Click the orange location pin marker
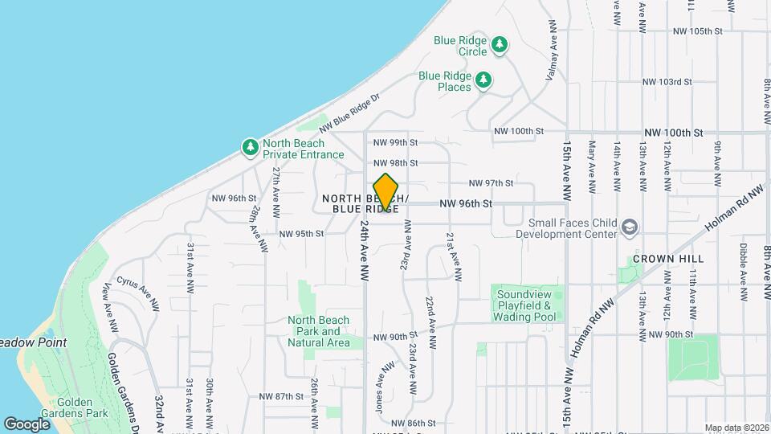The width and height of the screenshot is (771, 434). pos(386,191)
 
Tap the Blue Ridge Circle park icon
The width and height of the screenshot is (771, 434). pos(500,43)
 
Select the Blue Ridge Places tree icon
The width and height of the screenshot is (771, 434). pos(483,79)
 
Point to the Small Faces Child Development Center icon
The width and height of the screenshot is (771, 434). pos(630,227)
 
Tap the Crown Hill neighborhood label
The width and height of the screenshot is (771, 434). pos(668,259)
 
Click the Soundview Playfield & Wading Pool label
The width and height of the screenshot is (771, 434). pos(526,305)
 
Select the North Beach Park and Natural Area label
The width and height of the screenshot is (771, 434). pos(319,331)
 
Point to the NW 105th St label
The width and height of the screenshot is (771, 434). pos(699,31)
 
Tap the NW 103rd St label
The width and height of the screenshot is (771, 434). pos(667,82)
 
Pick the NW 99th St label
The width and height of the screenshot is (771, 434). pos(395,143)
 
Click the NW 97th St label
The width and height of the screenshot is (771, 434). pos(491,183)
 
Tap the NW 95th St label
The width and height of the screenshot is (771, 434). pos(301,234)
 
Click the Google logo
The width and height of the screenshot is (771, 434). pos(27,424)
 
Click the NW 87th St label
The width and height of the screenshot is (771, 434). pos(281,396)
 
